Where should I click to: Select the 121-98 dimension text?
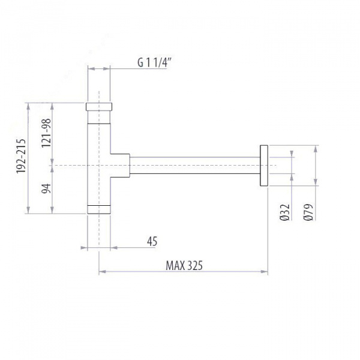(x=46, y=131)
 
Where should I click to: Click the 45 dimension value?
(x=152, y=241)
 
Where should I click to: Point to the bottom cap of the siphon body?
(x=99, y=209)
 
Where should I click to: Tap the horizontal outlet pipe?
(x=195, y=164)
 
